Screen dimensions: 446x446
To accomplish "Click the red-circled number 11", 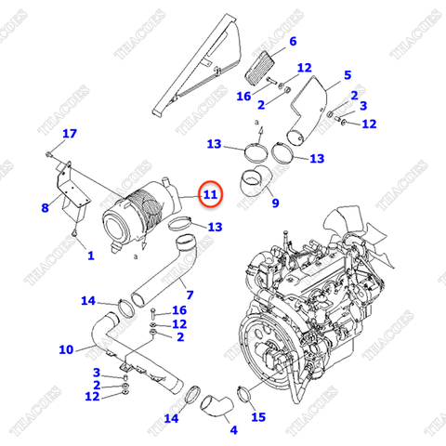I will tap(210, 195).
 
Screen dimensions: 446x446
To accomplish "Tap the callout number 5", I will tap(347, 74).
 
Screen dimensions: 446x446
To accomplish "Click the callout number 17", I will tap(69, 135).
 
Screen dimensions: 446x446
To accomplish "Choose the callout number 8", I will tap(45, 208).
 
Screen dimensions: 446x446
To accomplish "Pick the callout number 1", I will tap(90, 255).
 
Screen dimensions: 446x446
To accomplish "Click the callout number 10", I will tap(65, 349).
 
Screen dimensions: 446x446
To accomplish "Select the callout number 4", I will tap(233, 429).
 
